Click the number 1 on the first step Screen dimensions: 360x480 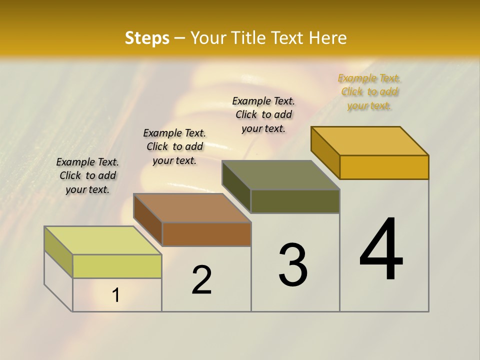click(x=116, y=295)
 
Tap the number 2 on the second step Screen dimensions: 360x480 click(x=201, y=280)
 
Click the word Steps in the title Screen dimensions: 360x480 click(x=147, y=38)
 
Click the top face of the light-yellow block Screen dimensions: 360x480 click(x=103, y=240)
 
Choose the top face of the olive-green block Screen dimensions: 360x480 click(x=280, y=175)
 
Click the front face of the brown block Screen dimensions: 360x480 click(x=206, y=234)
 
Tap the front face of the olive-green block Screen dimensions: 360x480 click(x=295, y=201)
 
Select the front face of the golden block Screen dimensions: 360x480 click(x=384, y=167)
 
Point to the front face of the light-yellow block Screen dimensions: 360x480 click(x=117, y=266)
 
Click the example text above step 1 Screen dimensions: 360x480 click(x=87, y=175)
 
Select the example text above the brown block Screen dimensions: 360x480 click(x=174, y=146)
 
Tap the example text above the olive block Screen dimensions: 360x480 click(x=263, y=114)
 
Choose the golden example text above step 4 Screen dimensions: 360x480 click(x=369, y=91)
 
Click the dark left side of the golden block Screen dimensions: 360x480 click(x=325, y=152)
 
